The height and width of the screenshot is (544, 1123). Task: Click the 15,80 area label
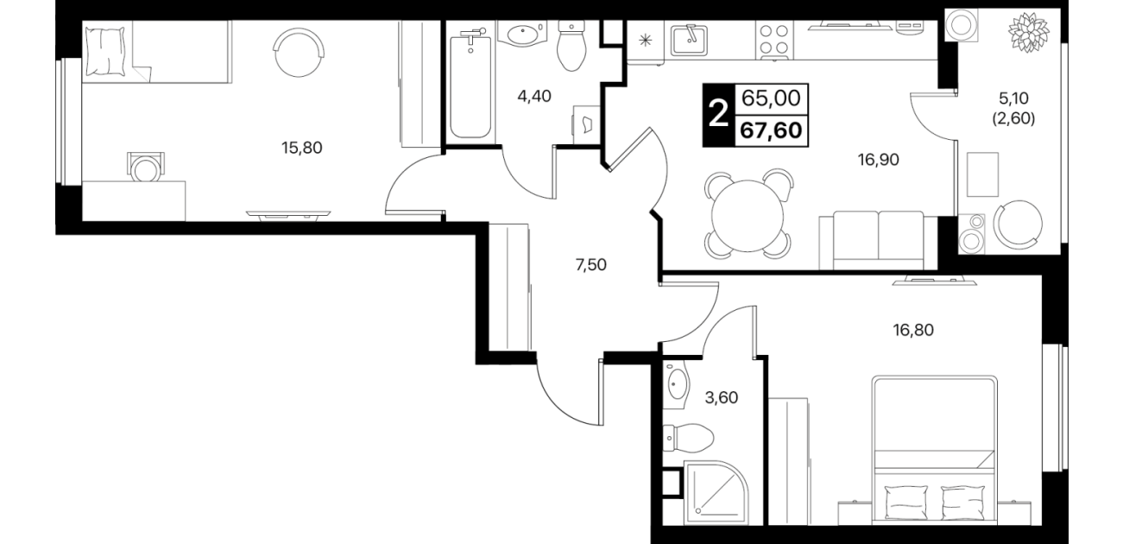point(302,148)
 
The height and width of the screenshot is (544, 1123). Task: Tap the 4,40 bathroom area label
point(534,96)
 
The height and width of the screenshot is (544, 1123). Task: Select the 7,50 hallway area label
point(591,265)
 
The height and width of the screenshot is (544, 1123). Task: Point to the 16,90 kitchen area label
point(879,160)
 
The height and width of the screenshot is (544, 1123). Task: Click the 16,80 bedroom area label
point(913,330)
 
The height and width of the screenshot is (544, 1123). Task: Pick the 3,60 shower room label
point(722,397)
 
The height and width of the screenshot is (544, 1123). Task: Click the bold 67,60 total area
point(771,131)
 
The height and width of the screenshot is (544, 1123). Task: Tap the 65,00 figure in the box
point(771,98)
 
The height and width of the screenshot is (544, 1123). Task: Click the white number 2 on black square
point(719,115)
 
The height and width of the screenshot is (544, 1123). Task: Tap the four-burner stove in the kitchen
point(774,40)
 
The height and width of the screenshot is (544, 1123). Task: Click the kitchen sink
point(690,40)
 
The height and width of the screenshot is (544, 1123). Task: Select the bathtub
point(470,83)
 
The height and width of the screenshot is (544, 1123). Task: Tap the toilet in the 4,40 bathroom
point(572,46)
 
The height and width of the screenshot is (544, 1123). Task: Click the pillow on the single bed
point(104,52)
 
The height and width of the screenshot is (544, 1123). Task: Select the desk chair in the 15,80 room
point(146,167)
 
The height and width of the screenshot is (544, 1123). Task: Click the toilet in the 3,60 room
point(688,438)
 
